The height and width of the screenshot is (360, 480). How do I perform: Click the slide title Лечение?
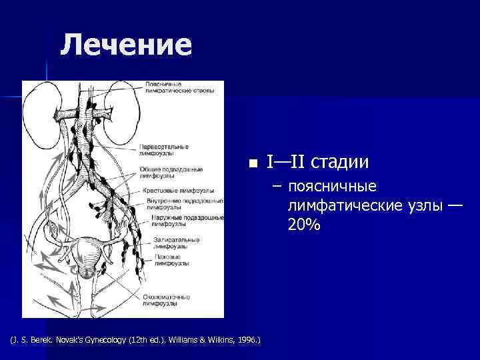pyautogui.click(x=126, y=45)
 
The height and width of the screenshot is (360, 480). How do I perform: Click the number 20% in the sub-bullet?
pyautogui.click(x=304, y=225)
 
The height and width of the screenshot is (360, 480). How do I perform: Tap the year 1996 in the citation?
pyautogui.click(x=248, y=340)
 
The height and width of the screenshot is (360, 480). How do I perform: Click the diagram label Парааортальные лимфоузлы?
pyautogui.click(x=164, y=149)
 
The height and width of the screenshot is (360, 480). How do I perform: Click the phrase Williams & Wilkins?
pyautogui.click(x=202, y=340)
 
